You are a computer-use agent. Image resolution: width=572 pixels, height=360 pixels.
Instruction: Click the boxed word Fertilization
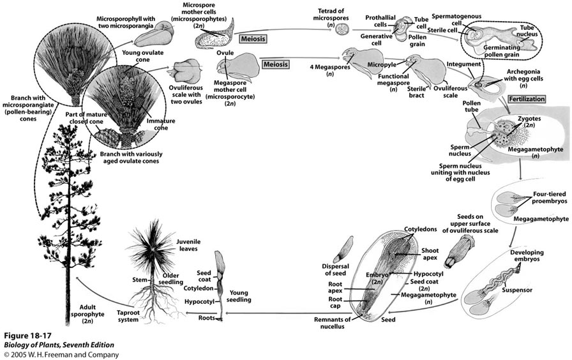click(x=529, y=101)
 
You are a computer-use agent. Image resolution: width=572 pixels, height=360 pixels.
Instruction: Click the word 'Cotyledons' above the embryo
click(x=420, y=229)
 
